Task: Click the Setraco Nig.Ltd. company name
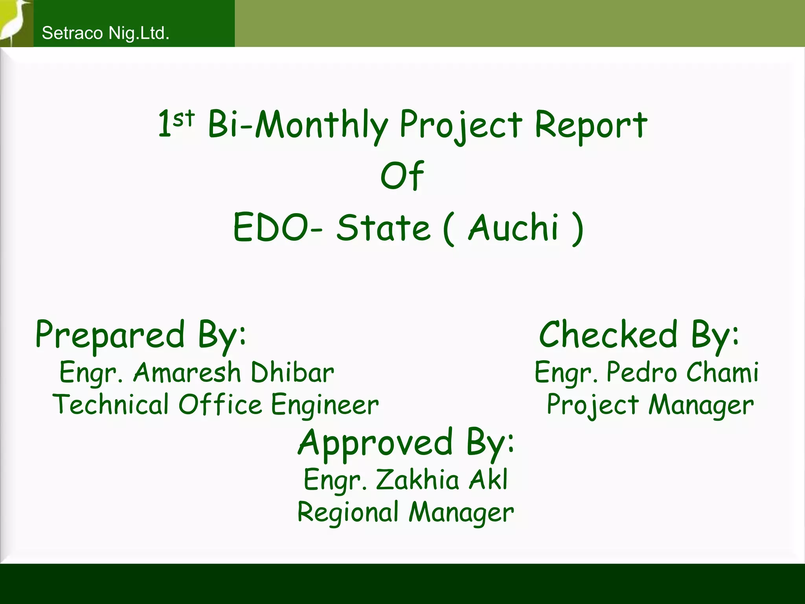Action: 105,33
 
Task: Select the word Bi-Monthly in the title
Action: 298,125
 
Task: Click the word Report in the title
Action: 590,125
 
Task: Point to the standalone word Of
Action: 402,175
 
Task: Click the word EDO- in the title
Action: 278,228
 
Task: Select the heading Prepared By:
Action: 141,335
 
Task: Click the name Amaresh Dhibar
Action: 233,372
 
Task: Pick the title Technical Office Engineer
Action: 216,405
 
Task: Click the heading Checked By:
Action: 639,335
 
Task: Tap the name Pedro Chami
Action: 682,372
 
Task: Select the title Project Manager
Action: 650,405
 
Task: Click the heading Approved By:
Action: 406,442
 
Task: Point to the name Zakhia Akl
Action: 442,480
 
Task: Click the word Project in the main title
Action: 461,125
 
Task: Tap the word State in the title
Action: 383,228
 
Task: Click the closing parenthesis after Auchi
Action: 577,228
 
